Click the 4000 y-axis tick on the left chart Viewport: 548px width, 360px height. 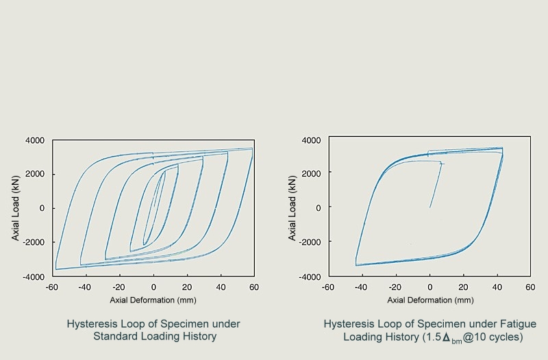click(x=35, y=140)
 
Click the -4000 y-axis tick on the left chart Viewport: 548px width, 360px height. click(x=34, y=276)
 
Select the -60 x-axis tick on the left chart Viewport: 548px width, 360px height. click(x=51, y=287)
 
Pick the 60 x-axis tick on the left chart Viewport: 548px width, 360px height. click(x=253, y=287)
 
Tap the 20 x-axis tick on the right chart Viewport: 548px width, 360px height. click(x=463, y=287)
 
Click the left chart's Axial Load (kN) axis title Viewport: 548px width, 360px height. click(x=15, y=208)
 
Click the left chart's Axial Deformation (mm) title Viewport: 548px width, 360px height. click(x=153, y=300)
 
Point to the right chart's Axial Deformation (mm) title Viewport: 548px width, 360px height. click(x=430, y=300)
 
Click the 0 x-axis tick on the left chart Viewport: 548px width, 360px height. click(x=153, y=287)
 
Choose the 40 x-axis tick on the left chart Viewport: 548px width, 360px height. click(x=221, y=287)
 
